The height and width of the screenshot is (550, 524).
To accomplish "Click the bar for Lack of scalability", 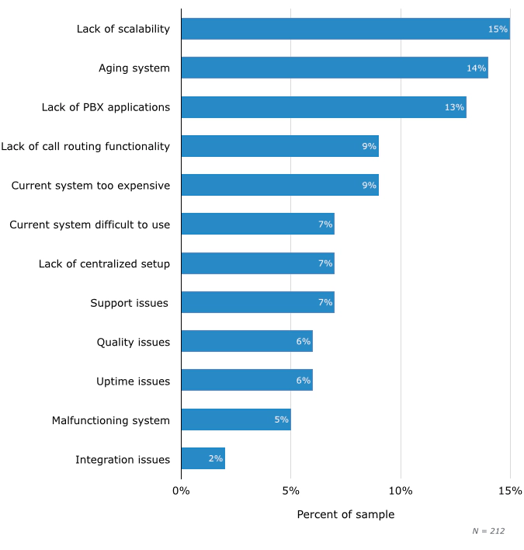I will point(345,29).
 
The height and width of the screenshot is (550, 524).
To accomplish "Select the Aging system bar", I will point(335,68).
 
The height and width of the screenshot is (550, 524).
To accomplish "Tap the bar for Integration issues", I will point(203,459).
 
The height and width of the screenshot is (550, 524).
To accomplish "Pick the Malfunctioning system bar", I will point(236,420).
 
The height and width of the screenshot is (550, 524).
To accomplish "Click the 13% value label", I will point(454,107).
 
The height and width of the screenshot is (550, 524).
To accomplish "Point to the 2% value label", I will point(215,459).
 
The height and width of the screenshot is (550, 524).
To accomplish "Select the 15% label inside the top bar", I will point(498,29).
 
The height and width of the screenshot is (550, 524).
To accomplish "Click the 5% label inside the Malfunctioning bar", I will point(281,420).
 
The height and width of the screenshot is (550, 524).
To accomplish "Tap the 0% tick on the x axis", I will point(181,491).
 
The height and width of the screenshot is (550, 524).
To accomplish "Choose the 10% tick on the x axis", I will point(401,491).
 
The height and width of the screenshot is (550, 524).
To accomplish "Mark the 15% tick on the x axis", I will point(510,491).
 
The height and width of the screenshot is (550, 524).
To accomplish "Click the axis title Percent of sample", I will point(345,514).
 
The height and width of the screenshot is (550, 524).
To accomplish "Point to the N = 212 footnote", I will point(488,531).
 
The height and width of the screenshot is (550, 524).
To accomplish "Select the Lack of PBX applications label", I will point(106,107).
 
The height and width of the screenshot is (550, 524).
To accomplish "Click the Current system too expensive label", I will point(90,185).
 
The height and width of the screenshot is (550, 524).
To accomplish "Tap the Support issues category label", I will point(130,303).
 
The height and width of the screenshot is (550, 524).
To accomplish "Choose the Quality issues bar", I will point(247,342).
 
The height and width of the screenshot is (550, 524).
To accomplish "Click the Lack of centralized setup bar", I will point(258,263).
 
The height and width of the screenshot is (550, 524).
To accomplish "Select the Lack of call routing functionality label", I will point(85,146).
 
